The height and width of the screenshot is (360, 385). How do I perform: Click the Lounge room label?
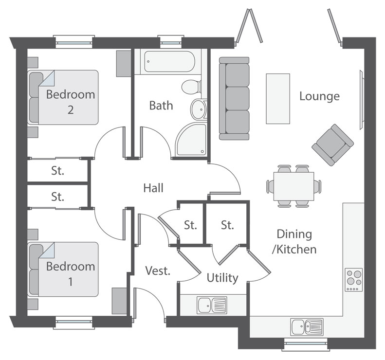point(319,96)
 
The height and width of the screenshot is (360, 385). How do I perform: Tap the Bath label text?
point(161,105)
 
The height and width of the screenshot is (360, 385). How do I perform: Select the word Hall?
point(153,188)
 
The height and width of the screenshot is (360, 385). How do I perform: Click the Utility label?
point(222,278)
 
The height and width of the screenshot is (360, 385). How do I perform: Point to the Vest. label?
point(158,270)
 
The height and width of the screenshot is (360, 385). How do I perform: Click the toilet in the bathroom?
point(191,87)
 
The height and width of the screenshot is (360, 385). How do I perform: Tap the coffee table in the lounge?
point(277,98)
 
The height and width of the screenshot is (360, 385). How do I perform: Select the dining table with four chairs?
point(293,186)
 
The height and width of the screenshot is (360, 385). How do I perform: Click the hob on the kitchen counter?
point(354,280)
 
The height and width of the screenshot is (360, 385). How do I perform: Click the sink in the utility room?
point(212,305)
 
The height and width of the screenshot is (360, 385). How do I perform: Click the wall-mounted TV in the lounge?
point(361,100)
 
